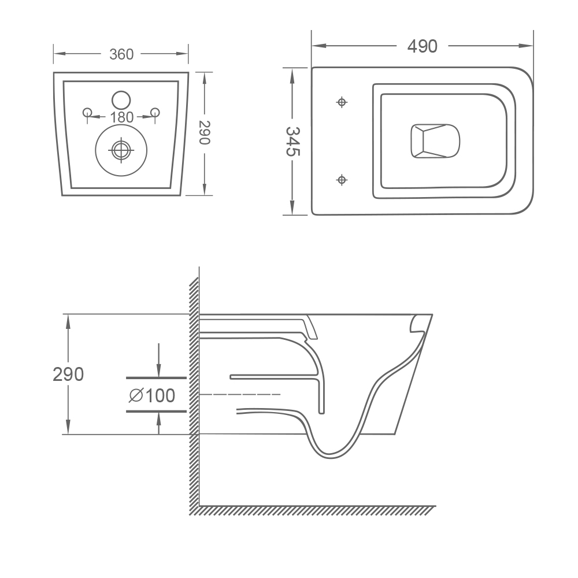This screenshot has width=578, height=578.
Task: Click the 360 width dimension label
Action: coord(121,54)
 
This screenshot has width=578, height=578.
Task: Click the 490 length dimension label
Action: coord(423,46)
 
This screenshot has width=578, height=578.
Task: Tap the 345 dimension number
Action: coord(293,142)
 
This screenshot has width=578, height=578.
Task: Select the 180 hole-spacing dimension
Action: coord(121,117)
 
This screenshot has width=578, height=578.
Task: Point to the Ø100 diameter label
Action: coord(152,396)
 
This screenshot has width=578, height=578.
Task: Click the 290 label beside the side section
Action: coord(68,375)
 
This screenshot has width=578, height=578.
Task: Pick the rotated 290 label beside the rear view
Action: coord(205,133)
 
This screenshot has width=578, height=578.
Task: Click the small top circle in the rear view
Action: coord(121,100)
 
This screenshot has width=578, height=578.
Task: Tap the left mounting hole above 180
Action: coord(87,112)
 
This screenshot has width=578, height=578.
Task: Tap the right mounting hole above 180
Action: coord(155,112)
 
